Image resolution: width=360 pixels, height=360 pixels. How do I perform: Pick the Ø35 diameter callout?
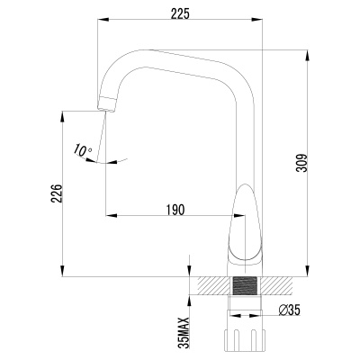pyautogui.click(x=289, y=311)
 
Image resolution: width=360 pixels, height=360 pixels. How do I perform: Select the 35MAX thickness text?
pyautogui.click(x=184, y=332)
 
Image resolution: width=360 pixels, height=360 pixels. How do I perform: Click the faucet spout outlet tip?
pyautogui.click(x=106, y=105)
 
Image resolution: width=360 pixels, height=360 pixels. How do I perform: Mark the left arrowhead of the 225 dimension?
pyautogui.click(x=98, y=20)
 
